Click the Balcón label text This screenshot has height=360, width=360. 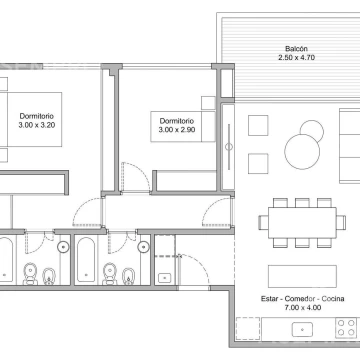click(x=296, y=49)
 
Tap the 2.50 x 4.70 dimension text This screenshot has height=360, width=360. click(x=296, y=57)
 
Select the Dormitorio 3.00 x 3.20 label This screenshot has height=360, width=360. click(x=37, y=121)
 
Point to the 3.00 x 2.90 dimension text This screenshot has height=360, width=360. click(x=177, y=130)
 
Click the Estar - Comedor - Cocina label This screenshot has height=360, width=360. click(x=303, y=299)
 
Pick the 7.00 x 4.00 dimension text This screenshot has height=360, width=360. click(x=303, y=308)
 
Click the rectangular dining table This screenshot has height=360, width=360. click(x=302, y=223)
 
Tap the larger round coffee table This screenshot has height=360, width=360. click(x=302, y=152)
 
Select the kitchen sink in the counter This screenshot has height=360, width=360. click(x=302, y=329)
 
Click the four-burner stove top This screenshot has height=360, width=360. click(x=346, y=327)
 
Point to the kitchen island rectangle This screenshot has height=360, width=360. click(x=302, y=276)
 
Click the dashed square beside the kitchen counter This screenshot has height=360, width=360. click(x=248, y=329)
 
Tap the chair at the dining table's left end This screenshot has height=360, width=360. click(x=264, y=223)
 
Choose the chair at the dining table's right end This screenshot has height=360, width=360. click(x=341, y=223)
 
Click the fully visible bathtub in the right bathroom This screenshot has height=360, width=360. click(x=86, y=260)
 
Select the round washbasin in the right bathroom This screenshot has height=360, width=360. click(x=144, y=247)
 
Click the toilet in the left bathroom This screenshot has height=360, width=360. click(x=30, y=274)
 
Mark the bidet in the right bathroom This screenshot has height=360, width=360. click(x=128, y=276)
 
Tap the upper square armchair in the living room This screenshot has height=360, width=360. click(x=258, y=125)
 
